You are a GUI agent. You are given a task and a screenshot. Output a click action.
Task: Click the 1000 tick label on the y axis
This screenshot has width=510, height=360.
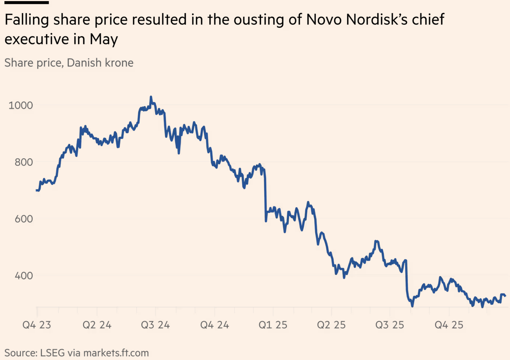pos(21,106)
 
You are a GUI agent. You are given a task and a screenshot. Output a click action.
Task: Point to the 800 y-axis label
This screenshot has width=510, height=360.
pos(24,162)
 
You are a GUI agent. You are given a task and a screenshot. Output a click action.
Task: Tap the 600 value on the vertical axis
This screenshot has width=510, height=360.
pos(24,219)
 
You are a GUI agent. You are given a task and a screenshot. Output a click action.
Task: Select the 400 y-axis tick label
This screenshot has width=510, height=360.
pos(24,276)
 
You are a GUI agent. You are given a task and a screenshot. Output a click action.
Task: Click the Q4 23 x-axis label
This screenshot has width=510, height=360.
pos(37,325)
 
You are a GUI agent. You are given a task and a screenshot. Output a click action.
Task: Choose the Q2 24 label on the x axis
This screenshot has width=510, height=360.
pos(97,325)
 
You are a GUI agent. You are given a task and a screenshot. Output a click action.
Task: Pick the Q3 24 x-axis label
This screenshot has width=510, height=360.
pos(155,325)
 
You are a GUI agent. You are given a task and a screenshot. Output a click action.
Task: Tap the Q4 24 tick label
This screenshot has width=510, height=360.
pos(214,325)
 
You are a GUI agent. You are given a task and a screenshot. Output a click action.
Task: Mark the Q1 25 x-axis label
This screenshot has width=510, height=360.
pos(273,325)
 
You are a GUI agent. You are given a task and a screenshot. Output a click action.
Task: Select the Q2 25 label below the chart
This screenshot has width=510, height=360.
pos(331,325)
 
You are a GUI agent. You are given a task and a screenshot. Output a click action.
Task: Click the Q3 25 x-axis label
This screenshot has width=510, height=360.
pos(390,325)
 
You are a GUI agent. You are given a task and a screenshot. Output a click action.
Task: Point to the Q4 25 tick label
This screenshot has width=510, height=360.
pos(449,325)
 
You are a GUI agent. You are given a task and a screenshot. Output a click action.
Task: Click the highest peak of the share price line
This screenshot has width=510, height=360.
pos(151,97)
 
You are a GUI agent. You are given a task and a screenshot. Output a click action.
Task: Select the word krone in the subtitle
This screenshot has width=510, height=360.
pos(119,63)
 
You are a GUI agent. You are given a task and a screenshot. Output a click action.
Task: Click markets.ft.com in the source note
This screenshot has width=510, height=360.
pos(116,353)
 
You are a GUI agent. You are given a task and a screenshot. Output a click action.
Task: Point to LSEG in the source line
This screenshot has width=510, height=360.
pos(52,353)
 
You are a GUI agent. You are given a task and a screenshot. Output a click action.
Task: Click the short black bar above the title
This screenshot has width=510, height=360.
pos(27,3)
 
